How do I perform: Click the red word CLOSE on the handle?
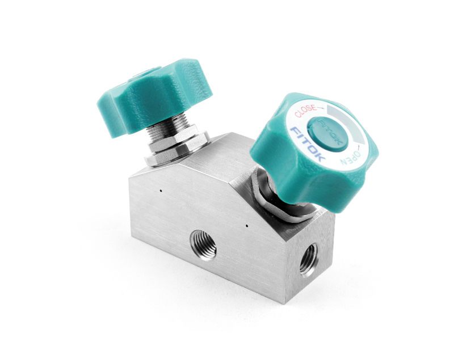coord(305,111)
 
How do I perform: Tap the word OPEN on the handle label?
coord(350,158)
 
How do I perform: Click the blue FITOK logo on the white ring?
coord(307,143)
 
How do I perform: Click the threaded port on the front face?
coord(203,246)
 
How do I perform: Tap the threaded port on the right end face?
coord(308,259)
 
